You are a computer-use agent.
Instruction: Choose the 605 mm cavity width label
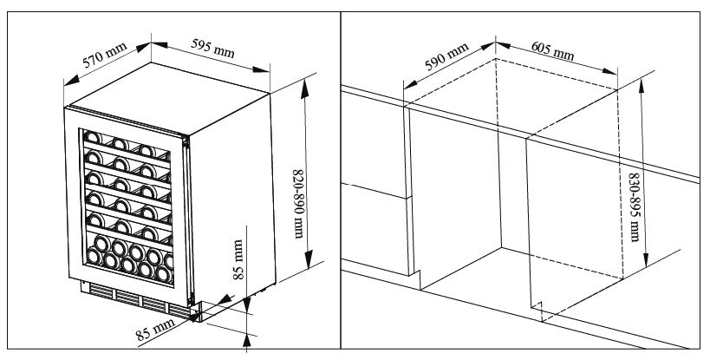coord(551,56)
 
